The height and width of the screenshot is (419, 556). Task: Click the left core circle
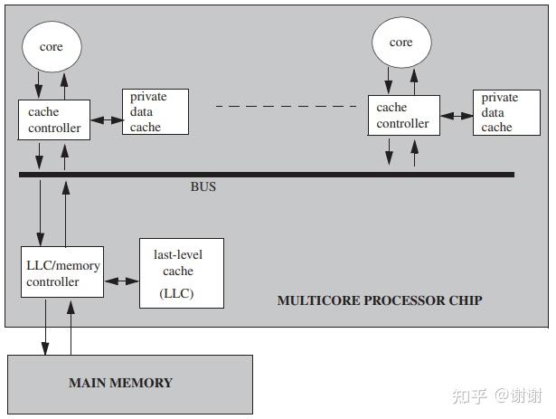click(52, 46)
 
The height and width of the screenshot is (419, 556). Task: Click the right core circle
click(401, 43)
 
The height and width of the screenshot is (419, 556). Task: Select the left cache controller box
click(54, 120)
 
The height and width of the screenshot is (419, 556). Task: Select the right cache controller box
click(403, 116)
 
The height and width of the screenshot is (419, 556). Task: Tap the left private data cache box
click(155, 112)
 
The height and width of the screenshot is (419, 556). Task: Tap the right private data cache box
click(507, 112)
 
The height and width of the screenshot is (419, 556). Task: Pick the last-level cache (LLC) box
click(181, 272)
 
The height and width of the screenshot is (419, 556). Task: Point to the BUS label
click(203, 188)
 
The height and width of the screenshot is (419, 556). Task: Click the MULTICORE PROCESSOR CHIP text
click(379, 300)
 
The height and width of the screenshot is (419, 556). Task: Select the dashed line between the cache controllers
click(287, 106)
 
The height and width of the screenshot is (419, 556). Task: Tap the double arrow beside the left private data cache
click(106, 119)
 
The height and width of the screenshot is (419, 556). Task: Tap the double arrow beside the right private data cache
click(457, 116)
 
